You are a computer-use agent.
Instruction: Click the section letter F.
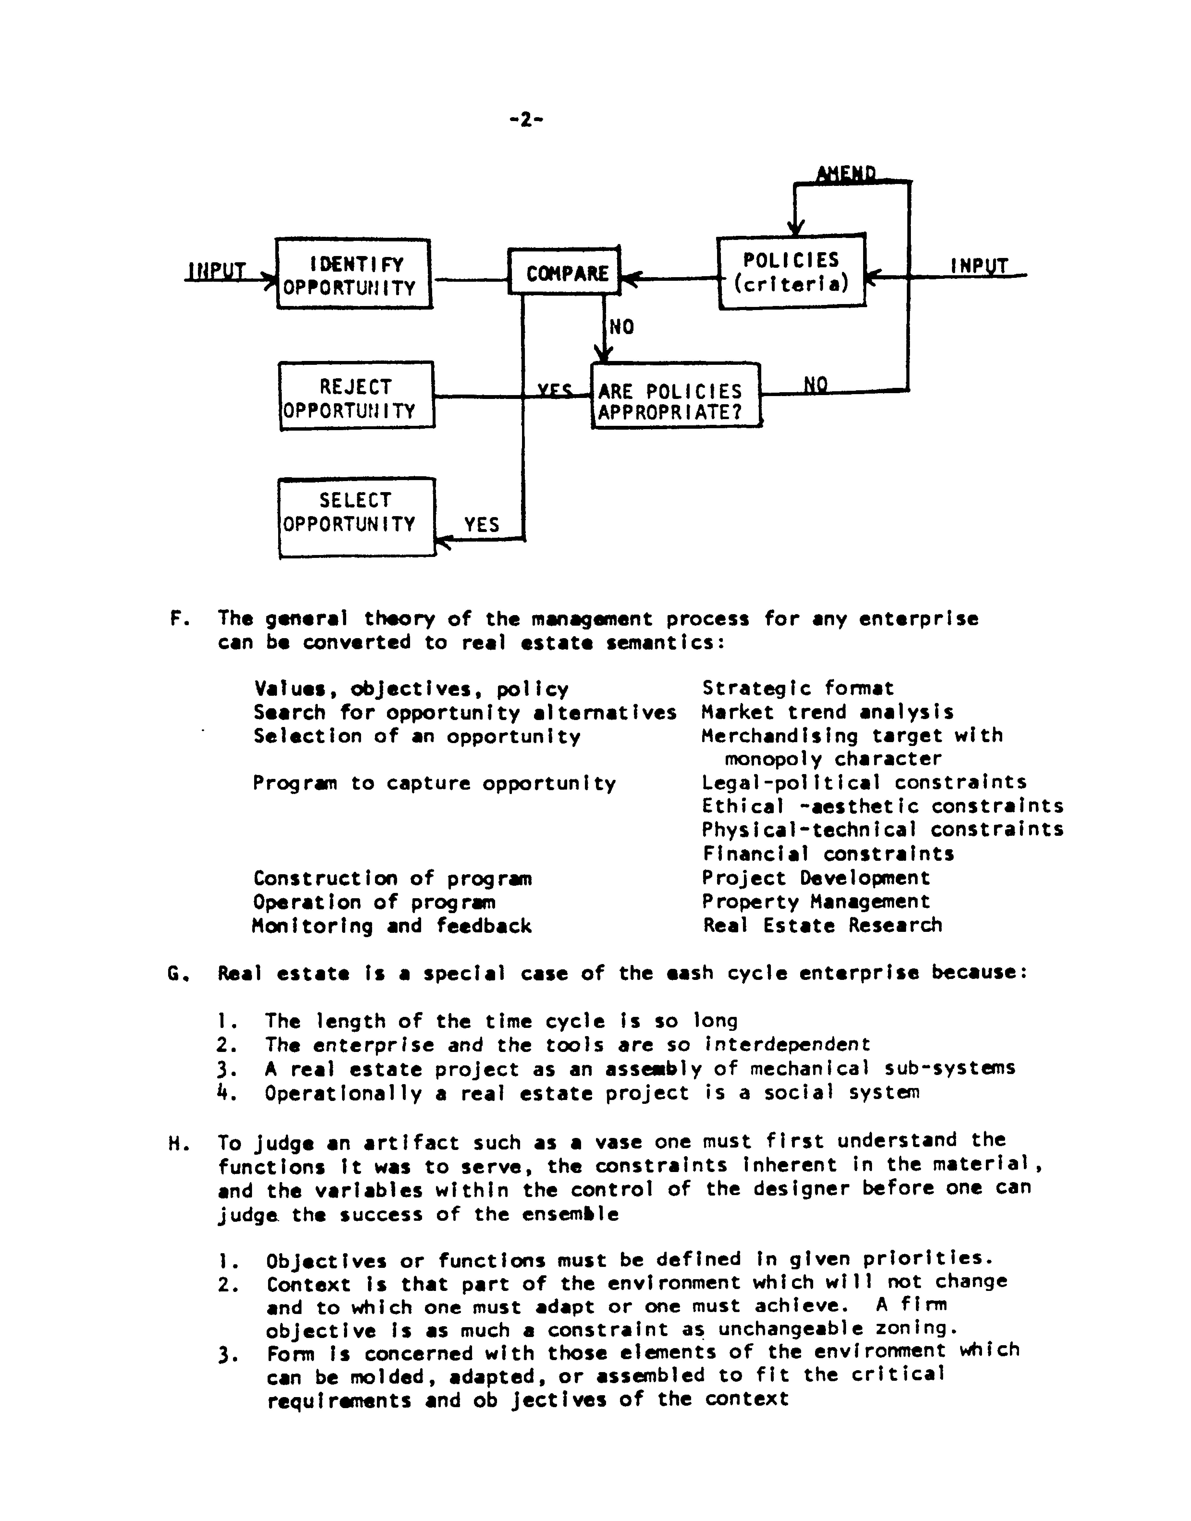pyautogui.click(x=176, y=618)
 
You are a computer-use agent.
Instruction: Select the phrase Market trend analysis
pyautogui.click(x=828, y=712)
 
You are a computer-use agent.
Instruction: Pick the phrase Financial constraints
pyautogui.click(x=828, y=853)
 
